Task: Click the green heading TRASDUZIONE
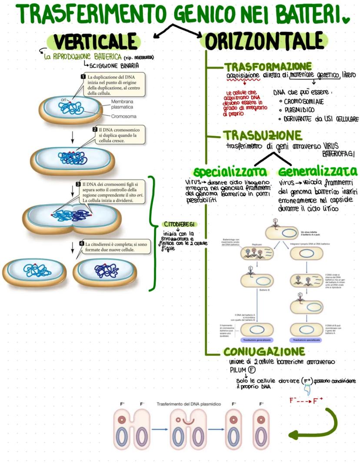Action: [262, 135]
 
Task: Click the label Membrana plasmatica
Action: [122, 104]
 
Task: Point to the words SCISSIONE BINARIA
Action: [114, 66]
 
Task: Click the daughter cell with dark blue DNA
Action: [104, 271]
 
